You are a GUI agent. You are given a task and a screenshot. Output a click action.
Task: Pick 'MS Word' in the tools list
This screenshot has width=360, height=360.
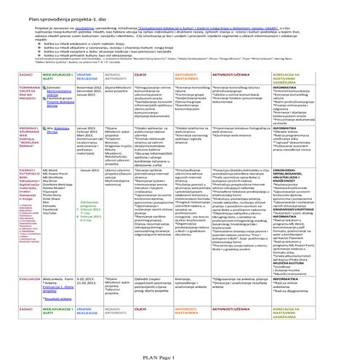pos(51,169)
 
